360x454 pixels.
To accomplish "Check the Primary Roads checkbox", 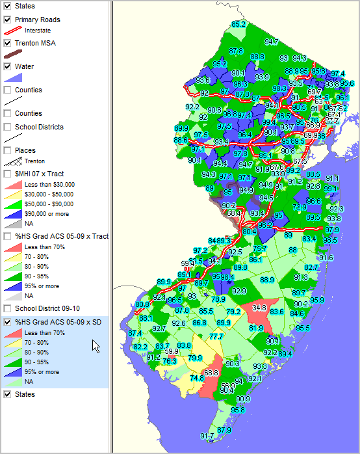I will (x=7, y=20).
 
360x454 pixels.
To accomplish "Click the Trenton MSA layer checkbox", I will (x=7, y=43).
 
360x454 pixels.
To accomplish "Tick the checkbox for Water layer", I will (x=7, y=66).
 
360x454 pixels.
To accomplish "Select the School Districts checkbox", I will (x=7, y=127).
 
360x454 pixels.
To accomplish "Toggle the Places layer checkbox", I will (x=7, y=150).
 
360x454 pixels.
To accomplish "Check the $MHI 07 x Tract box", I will (x=7, y=174).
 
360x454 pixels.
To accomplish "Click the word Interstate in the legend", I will (x=38, y=31).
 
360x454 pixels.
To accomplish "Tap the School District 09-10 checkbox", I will (x=7, y=308).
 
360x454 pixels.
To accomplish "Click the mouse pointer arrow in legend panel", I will (x=96, y=345).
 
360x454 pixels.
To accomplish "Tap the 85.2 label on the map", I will (x=238, y=24).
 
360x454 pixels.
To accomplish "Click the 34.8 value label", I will (x=259, y=308).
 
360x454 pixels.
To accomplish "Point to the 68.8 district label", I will (x=211, y=373).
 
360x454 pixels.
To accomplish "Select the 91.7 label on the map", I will (x=207, y=436).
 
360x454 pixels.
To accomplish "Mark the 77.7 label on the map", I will (x=216, y=336).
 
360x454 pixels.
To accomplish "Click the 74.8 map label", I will (x=196, y=378).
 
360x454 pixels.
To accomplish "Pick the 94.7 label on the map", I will (x=272, y=42).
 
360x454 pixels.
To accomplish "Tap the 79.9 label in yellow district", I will (x=194, y=358).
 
